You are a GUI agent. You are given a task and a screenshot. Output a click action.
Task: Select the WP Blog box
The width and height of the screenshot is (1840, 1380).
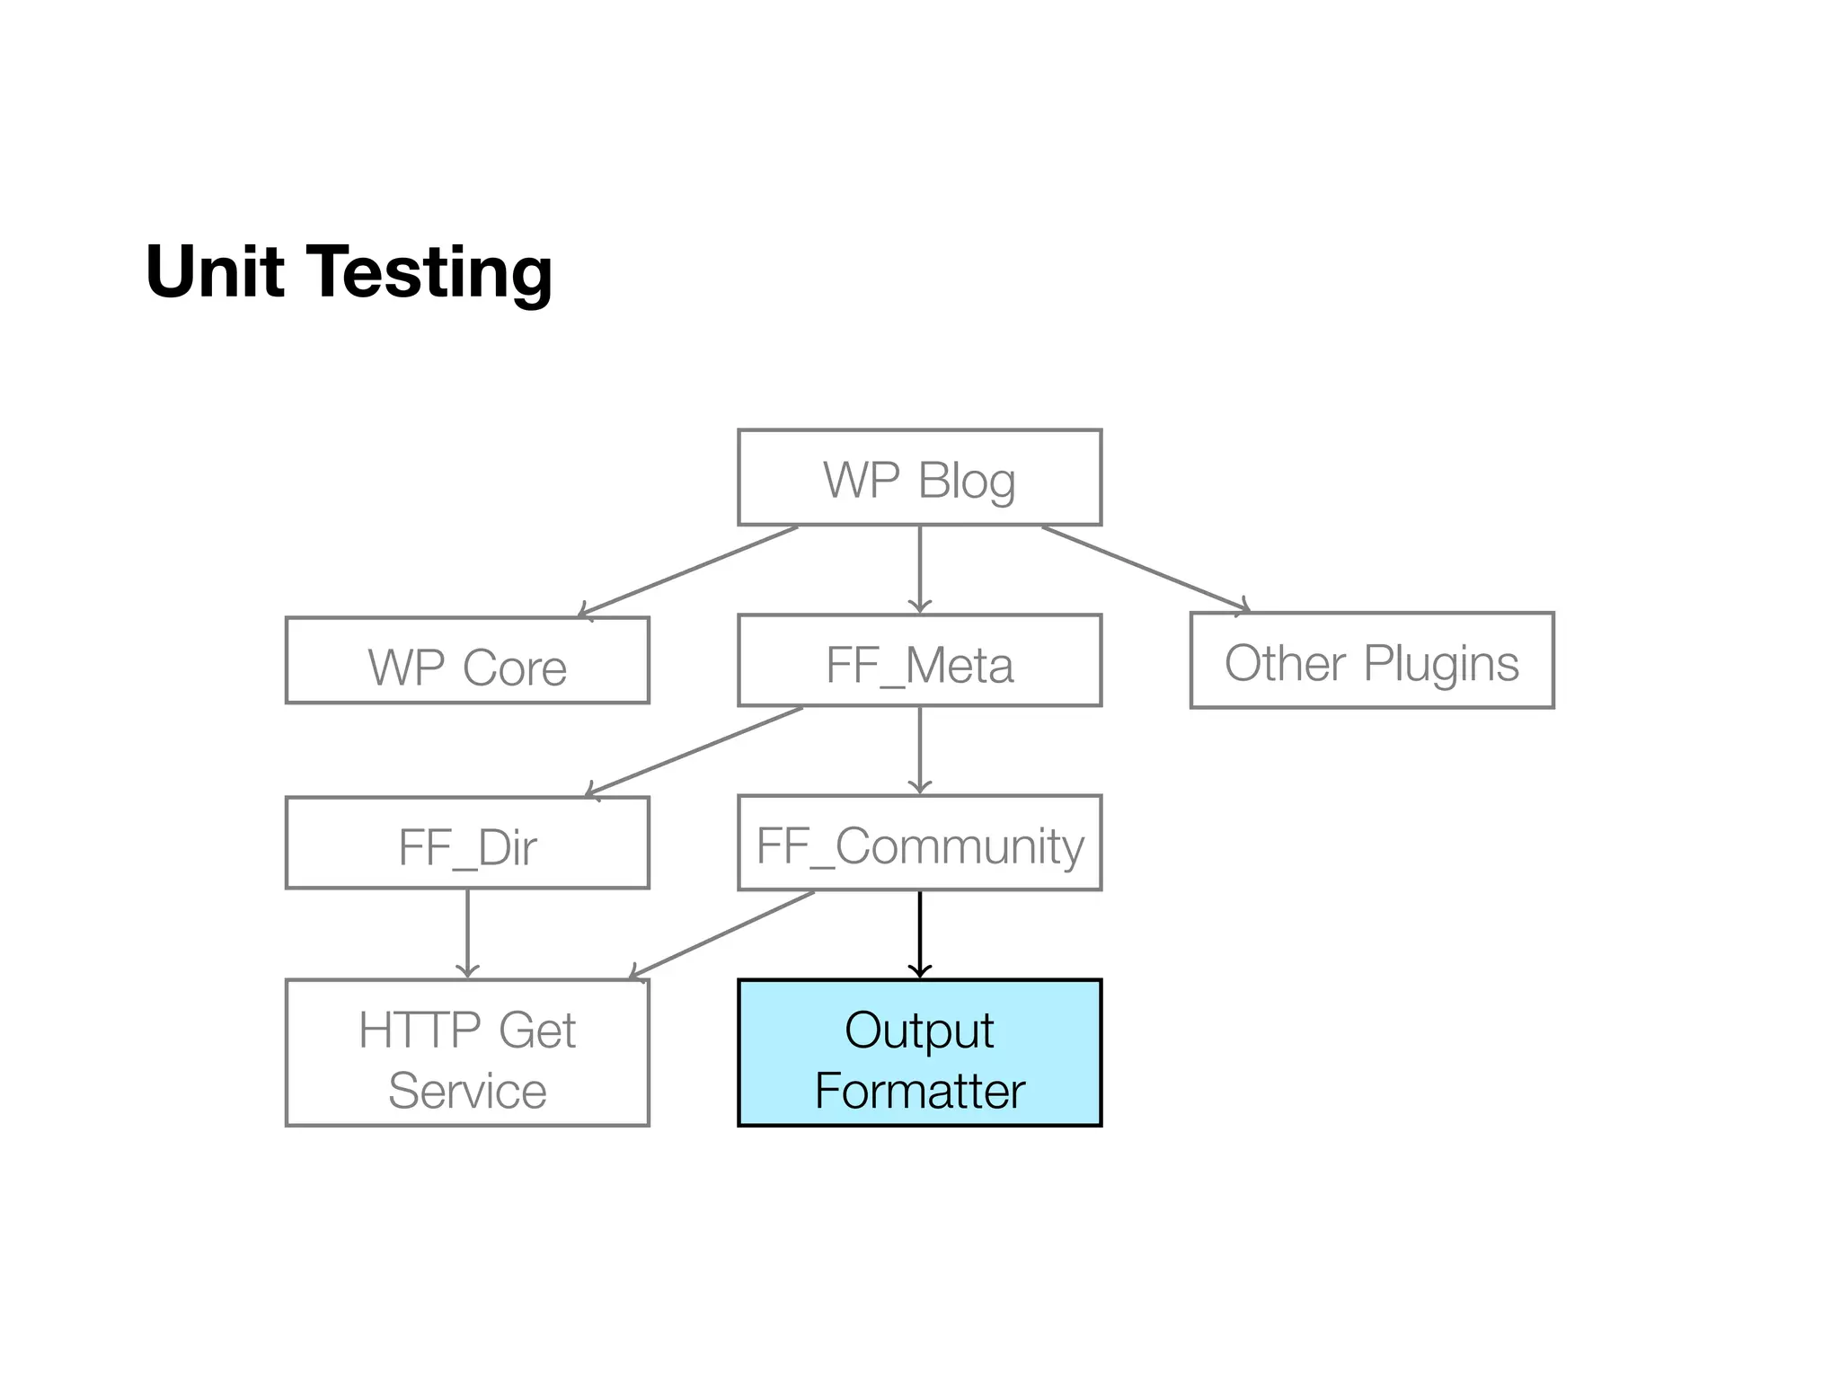pos(919,477)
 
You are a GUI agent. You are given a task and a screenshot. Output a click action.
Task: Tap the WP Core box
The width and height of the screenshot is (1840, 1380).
pos(467,660)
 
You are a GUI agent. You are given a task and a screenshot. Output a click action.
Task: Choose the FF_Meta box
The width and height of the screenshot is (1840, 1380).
pos(919,660)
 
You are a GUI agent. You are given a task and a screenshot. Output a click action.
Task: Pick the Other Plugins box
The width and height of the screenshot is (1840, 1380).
pos(1372,660)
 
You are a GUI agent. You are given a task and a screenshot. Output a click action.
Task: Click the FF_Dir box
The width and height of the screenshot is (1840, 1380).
pos(467,843)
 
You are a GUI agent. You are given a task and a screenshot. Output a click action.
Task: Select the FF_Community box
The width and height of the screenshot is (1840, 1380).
pos(919,843)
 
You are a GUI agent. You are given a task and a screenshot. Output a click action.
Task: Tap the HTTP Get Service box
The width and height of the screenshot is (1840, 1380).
pos(467,1052)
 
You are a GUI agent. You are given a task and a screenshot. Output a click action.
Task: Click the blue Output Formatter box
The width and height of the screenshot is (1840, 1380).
pos(919,1052)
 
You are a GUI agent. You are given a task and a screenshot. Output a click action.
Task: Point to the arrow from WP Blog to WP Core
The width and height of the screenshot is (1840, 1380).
pos(688,571)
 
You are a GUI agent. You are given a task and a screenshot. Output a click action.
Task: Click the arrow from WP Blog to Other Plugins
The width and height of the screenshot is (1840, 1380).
pos(1146,568)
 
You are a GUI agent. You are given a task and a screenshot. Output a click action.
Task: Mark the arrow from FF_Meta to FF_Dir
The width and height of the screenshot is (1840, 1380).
pos(694,752)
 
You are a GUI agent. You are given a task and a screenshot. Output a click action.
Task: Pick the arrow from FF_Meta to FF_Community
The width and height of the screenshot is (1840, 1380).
pos(919,750)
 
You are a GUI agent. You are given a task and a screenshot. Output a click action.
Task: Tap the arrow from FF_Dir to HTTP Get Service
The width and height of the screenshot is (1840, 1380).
pos(467,933)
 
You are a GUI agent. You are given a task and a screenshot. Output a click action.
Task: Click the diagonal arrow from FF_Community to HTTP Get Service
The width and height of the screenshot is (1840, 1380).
pos(721,935)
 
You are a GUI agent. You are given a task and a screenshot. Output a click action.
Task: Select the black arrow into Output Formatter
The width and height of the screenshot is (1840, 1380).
pos(919,934)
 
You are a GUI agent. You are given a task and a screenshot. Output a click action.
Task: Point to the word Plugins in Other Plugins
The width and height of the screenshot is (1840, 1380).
pos(1441,665)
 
